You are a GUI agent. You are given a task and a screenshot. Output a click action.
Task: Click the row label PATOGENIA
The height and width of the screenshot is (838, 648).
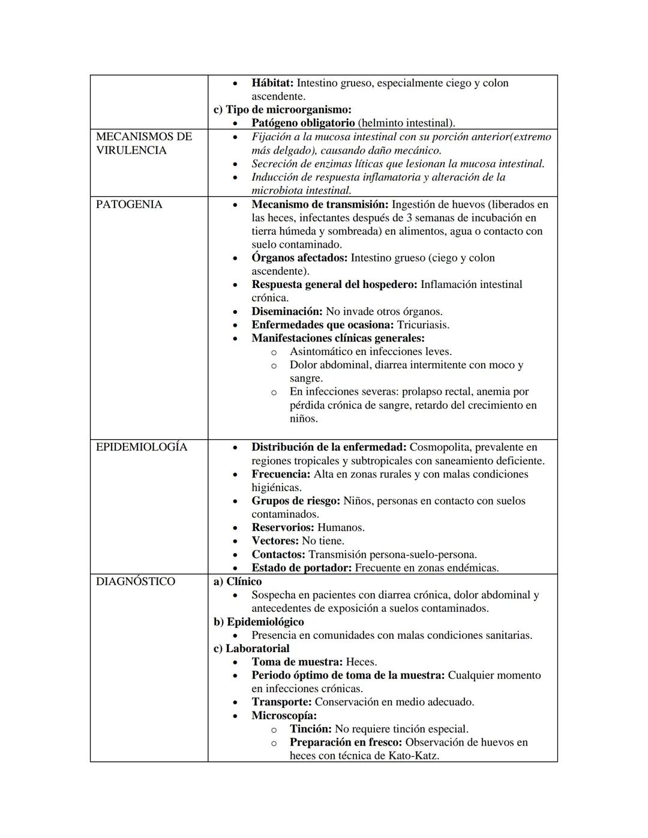pyautogui.click(x=129, y=205)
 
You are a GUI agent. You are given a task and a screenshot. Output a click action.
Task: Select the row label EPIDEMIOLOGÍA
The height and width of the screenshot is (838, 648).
pyautogui.click(x=142, y=447)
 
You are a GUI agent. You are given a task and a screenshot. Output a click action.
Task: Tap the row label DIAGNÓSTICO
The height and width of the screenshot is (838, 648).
pyautogui.click(x=136, y=582)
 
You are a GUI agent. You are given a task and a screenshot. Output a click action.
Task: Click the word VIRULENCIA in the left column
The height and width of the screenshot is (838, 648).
pyautogui.click(x=131, y=151)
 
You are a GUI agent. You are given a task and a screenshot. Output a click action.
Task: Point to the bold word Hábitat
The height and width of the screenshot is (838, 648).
pyautogui.click(x=272, y=83)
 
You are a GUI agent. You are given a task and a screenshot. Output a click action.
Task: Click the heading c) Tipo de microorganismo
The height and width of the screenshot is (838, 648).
pyautogui.click(x=283, y=110)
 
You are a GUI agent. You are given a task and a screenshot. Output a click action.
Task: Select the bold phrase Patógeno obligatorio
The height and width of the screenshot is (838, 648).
pyautogui.click(x=303, y=123)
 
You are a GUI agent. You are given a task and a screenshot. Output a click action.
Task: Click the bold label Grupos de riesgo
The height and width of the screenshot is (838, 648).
pyautogui.click(x=296, y=501)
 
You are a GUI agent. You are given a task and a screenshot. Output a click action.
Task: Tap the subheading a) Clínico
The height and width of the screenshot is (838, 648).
pyautogui.click(x=238, y=582)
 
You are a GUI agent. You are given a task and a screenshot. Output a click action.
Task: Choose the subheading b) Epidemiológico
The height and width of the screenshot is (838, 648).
pyautogui.click(x=259, y=622)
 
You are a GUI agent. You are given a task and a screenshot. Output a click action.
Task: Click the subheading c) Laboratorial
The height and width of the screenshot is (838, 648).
pyautogui.click(x=251, y=648)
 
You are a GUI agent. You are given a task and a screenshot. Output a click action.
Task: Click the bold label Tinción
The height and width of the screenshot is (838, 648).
pyautogui.click(x=310, y=729)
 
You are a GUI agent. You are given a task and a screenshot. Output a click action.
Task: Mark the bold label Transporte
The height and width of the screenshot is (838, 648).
pyautogui.click(x=281, y=702)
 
